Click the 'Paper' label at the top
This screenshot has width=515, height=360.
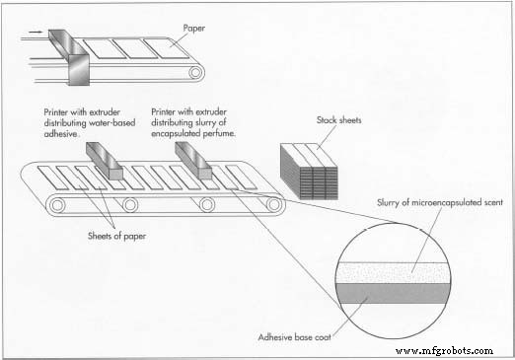[193, 29]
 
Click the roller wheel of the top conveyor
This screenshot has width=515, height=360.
[195, 72]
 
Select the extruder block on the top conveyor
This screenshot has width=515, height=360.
[71, 57]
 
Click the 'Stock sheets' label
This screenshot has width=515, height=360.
[338, 120]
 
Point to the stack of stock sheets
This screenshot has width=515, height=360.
[309, 172]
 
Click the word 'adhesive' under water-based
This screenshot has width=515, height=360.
[61, 134]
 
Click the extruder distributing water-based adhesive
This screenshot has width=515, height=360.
[105, 161]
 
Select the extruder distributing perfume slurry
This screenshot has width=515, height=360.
[193, 161]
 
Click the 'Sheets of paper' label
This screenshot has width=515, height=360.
[116, 236]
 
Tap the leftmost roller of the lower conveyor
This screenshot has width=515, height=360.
[57, 205]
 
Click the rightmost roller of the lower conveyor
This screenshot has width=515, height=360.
[273, 204]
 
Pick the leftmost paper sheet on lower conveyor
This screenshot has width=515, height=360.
[53, 178]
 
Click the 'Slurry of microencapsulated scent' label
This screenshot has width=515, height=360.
[440, 202]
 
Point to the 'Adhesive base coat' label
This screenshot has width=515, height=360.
[294, 337]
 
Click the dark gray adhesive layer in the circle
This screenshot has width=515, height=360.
[393, 293]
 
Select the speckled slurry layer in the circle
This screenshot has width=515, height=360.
[393, 273]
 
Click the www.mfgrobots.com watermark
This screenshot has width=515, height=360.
[444, 351]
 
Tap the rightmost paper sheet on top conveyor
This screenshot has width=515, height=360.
[166, 48]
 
